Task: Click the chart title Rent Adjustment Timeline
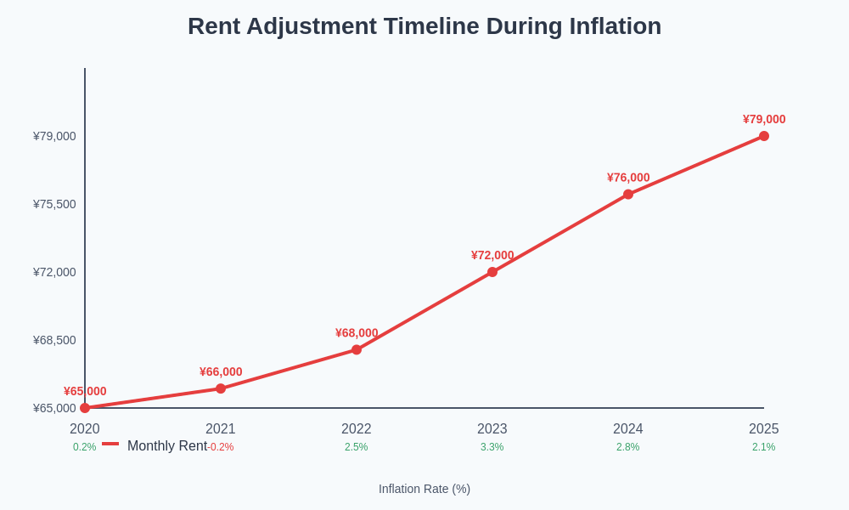[x=424, y=26]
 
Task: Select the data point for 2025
[x=763, y=136]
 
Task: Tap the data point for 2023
[x=492, y=272]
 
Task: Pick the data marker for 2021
[x=221, y=388]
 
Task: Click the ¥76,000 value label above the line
[x=628, y=178]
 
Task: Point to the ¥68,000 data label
[x=357, y=333]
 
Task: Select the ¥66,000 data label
[x=221, y=371]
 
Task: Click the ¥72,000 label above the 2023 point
[x=492, y=255]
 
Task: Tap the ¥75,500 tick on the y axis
[x=54, y=204]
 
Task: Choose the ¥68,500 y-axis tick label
[x=54, y=340]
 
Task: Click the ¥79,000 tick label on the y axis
[x=54, y=136]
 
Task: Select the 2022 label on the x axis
[x=356, y=429]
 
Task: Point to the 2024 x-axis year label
[x=627, y=429]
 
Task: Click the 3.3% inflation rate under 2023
[x=492, y=447]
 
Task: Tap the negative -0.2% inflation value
[x=222, y=447]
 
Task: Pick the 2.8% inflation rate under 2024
[x=627, y=447]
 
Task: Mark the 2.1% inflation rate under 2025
[x=763, y=447]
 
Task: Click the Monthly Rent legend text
[x=167, y=446]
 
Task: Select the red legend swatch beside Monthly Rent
[x=110, y=444]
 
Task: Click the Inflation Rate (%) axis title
[x=424, y=489]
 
